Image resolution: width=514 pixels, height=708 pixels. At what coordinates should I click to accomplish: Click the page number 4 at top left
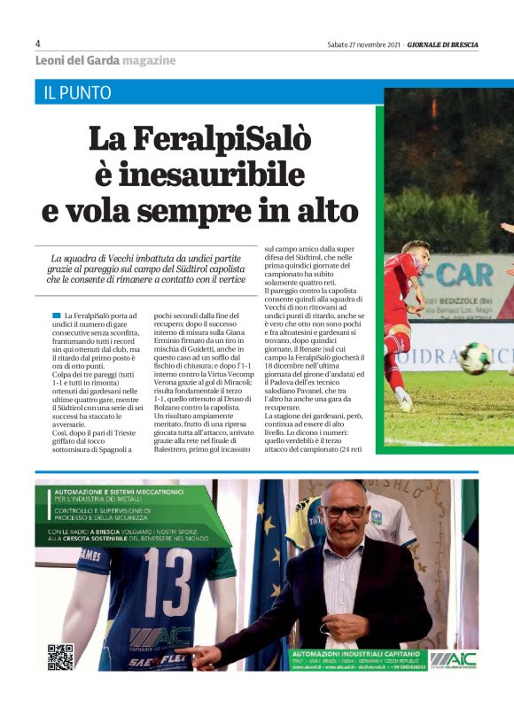38,43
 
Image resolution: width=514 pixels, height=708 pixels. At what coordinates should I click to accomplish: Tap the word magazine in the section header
150,60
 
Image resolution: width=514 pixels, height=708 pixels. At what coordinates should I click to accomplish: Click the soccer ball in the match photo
476,358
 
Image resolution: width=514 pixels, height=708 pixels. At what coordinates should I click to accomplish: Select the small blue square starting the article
57,315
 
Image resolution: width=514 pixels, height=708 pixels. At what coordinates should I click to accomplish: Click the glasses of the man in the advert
344,511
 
